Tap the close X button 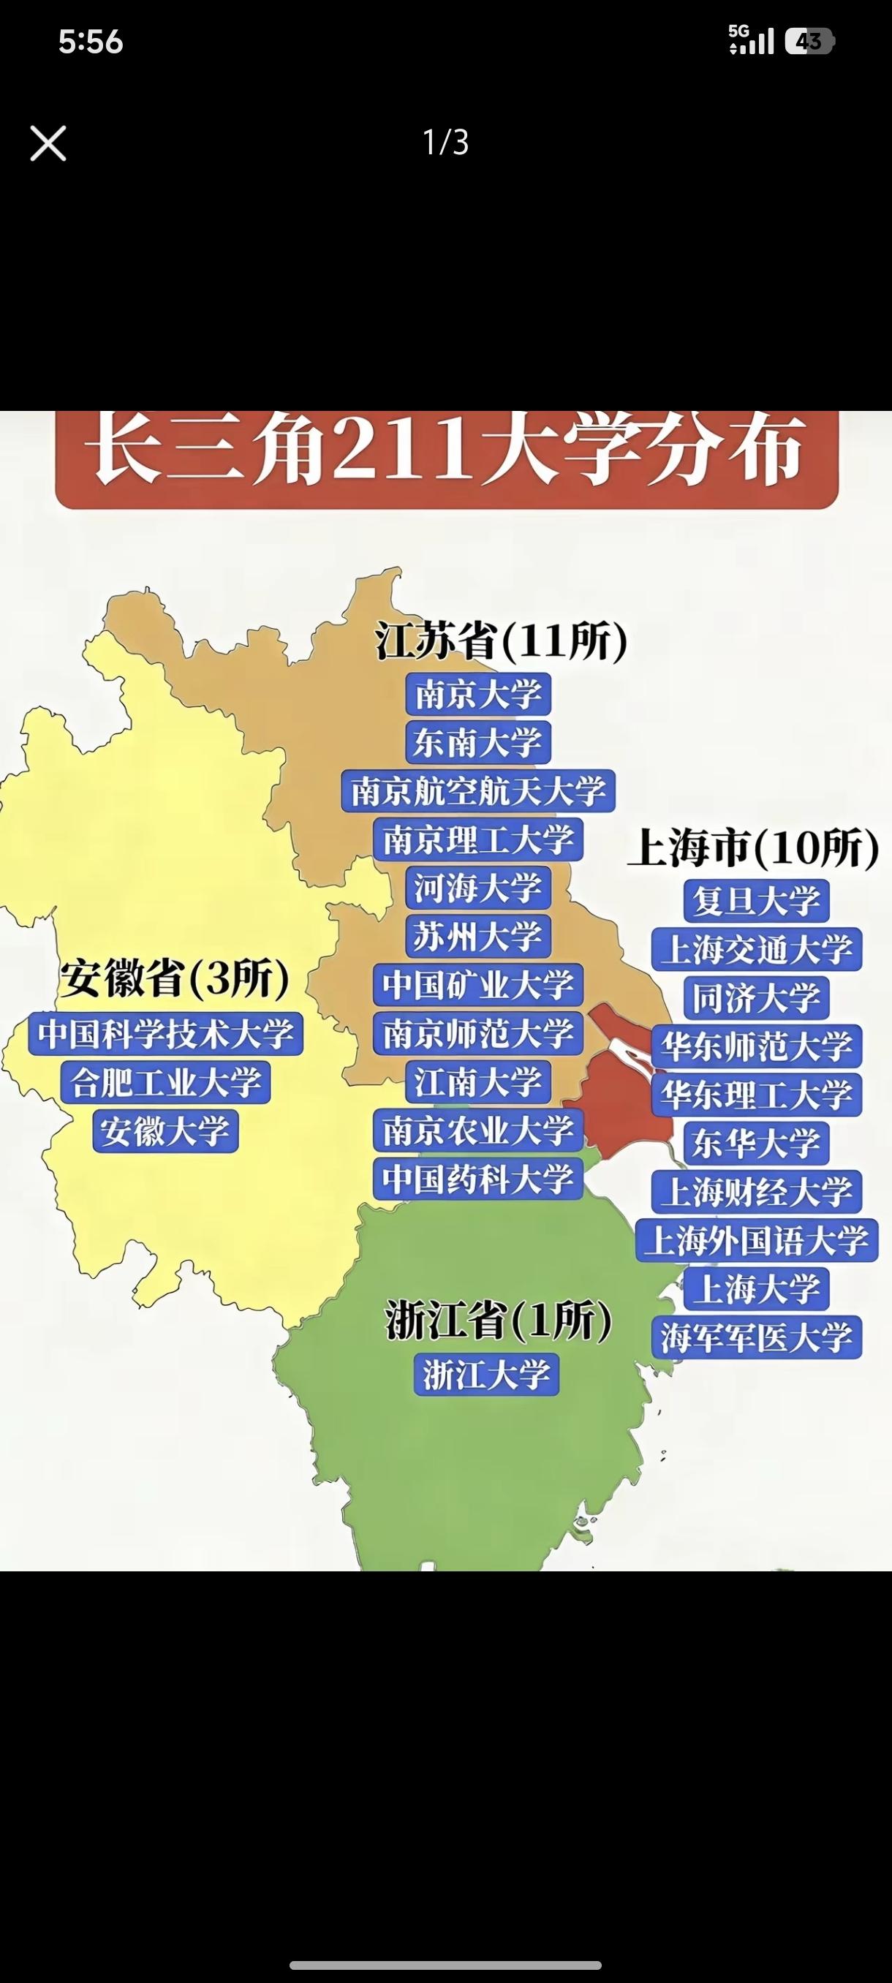[48, 143]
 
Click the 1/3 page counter [445, 143]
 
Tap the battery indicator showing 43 [808, 41]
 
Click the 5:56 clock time [91, 42]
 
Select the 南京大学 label [478, 695]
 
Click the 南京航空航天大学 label [478, 790]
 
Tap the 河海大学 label [478, 888]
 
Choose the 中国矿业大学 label [478, 985]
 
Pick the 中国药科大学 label [478, 1179]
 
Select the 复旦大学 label [756, 901]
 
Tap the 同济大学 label [756, 997]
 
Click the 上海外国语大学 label [756, 1239]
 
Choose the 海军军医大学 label [756, 1337]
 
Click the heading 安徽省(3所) [175, 978]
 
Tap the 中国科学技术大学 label [165, 1033]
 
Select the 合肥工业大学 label [165, 1082]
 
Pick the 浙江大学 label [486, 1374]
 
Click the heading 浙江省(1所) [498, 1321]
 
